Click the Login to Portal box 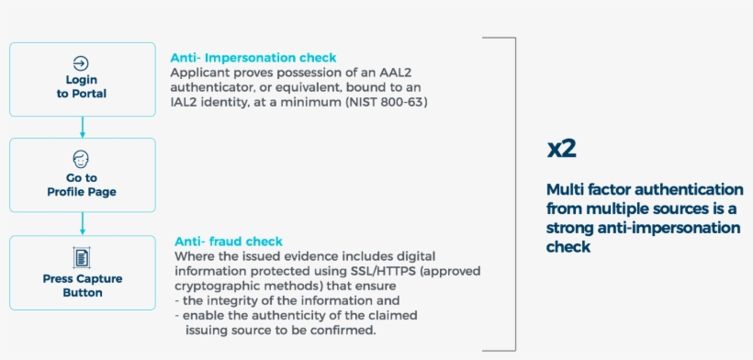click(x=83, y=79)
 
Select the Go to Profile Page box click(x=83, y=175)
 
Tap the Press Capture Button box click(x=83, y=273)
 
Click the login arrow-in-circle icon click(x=81, y=63)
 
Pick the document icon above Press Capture click(x=81, y=257)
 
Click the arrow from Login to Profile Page click(x=83, y=128)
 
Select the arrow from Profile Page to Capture click(x=83, y=224)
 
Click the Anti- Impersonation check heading click(x=253, y=58)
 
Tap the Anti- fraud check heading click(x=229, y=241)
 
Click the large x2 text click(x=561, y=150)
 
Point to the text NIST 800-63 click(x=386, y=103)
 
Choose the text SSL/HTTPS click(x=377, y=271)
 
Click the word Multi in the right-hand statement click(x=563, y=189)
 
